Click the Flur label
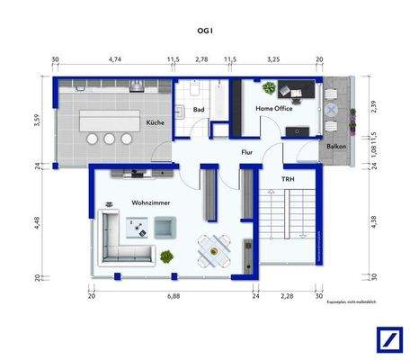pyautogui.click(x=246, y=152)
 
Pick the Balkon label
pyautogui.click(x=334, y=145)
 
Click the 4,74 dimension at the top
pyautogui.click(x=115, y=59)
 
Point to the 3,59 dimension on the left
pyautogui.click(x=38, y=121)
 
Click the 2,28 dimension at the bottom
pyautogui.click(x=287, y=294)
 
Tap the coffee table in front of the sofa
pyautogui.click(x=141, y=229)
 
